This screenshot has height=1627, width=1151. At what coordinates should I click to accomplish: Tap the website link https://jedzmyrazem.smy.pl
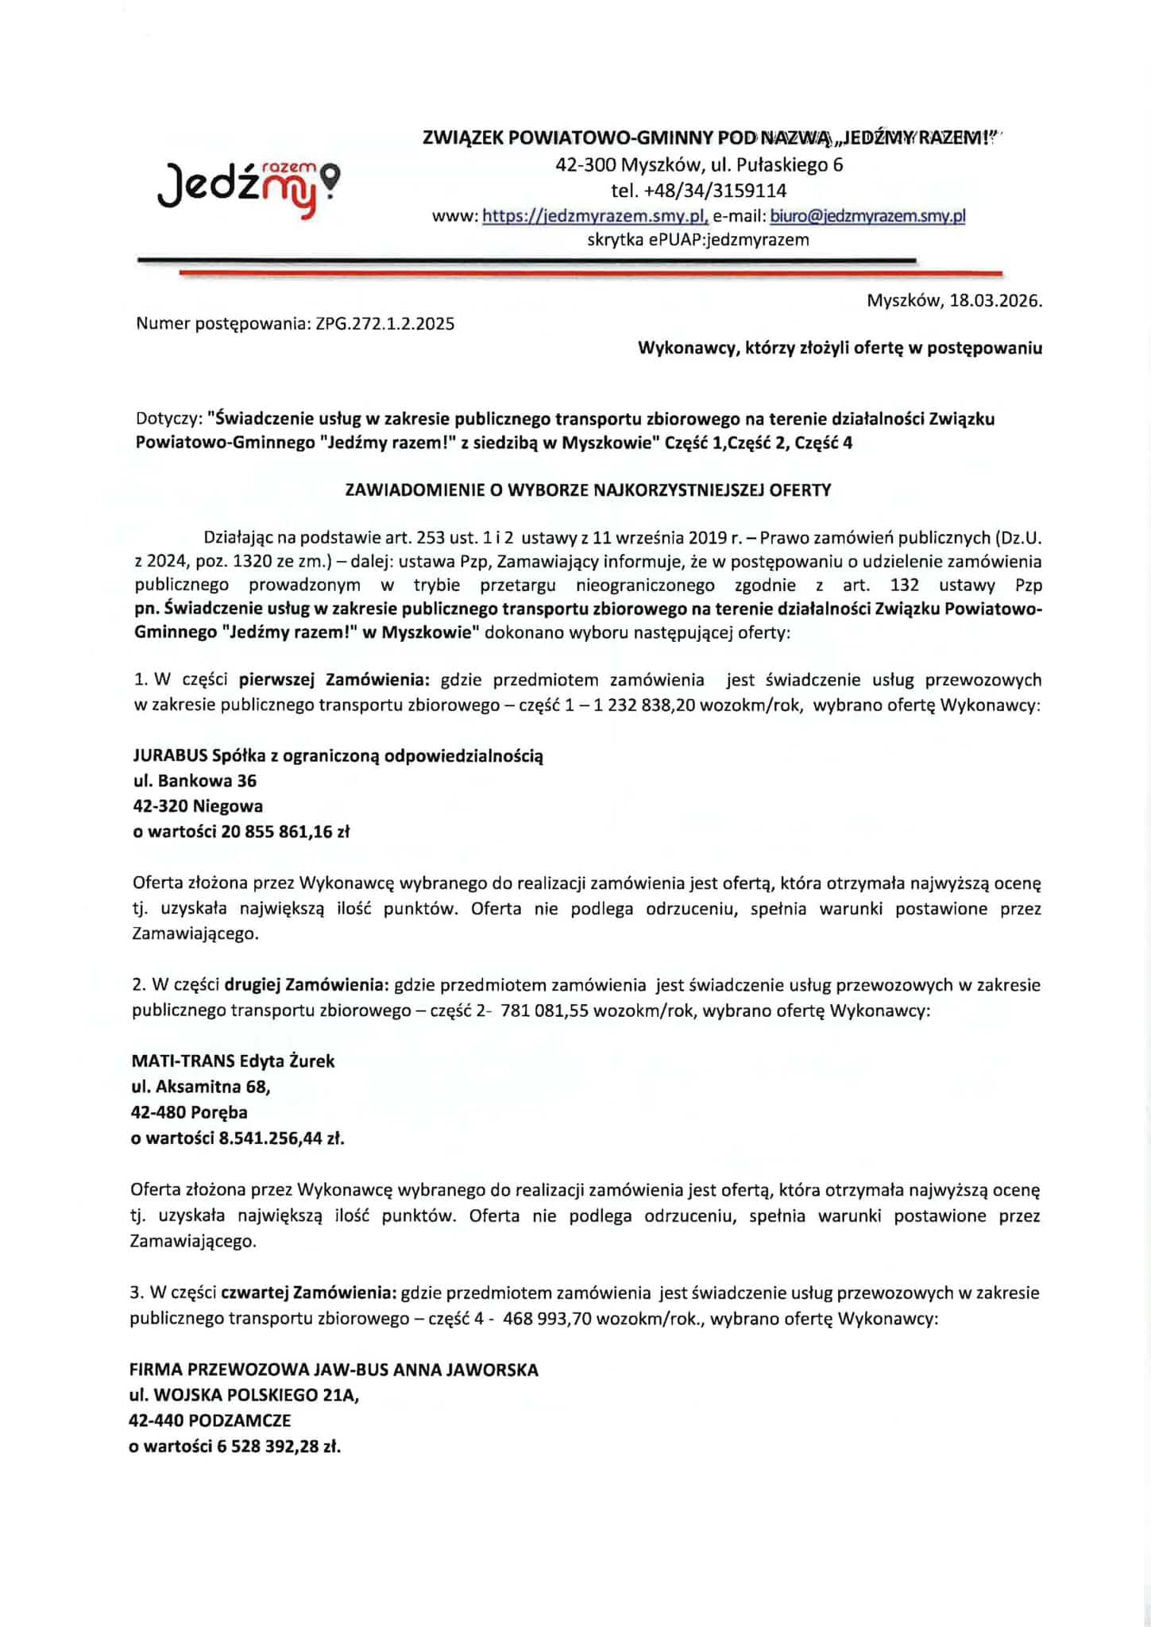tap(595, 216)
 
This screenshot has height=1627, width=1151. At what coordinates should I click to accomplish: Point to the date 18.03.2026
tap(993, 301)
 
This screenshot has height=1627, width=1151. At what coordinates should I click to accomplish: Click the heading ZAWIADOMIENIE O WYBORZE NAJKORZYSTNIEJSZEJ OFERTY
tap(588, 490)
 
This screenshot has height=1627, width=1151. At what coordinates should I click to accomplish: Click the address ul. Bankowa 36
tap(195, 781)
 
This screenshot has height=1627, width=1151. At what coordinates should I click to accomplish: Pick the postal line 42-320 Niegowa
tap(198, 806)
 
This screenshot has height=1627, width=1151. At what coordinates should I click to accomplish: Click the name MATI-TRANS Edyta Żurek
tap(233, 1061)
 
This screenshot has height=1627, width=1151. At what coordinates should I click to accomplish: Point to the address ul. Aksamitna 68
tap(202, 1087)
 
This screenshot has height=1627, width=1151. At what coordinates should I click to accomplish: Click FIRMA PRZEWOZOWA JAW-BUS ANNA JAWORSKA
tap(334, 1370)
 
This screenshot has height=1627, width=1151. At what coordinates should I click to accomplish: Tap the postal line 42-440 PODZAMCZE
tap(211, 1420)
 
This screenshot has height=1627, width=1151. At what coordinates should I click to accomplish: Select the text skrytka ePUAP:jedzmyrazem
tap(697, 240)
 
